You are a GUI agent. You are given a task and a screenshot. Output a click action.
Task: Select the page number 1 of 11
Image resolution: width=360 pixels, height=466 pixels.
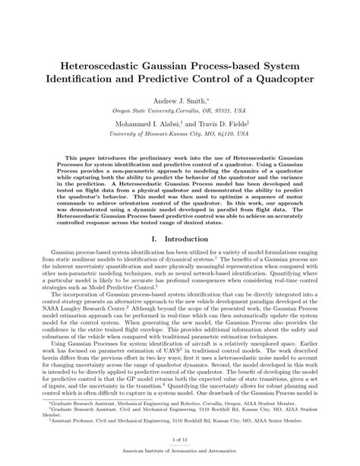pos(180,440)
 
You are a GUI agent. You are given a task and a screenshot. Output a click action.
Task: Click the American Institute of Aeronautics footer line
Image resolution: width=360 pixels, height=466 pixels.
pos(180,454)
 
